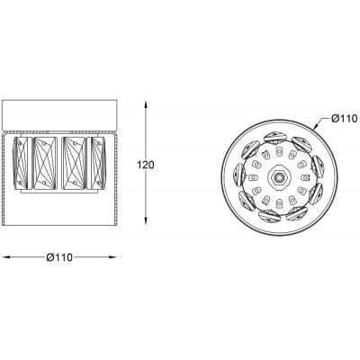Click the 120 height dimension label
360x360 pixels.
tap(146, 165)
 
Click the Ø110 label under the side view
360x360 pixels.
tap(59, 257)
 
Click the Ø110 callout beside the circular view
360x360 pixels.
tap(345, 119)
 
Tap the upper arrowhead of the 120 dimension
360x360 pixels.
tap(146, 104)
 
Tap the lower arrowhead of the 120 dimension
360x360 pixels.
tap(146, 221)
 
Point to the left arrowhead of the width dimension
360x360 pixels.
tap(6, 257)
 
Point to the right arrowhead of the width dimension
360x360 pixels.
tap(112, 257)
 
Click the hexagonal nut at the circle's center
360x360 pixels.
tap(279, 177)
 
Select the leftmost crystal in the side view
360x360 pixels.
tap(20, 163)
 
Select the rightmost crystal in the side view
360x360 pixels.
tap(96, 163)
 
